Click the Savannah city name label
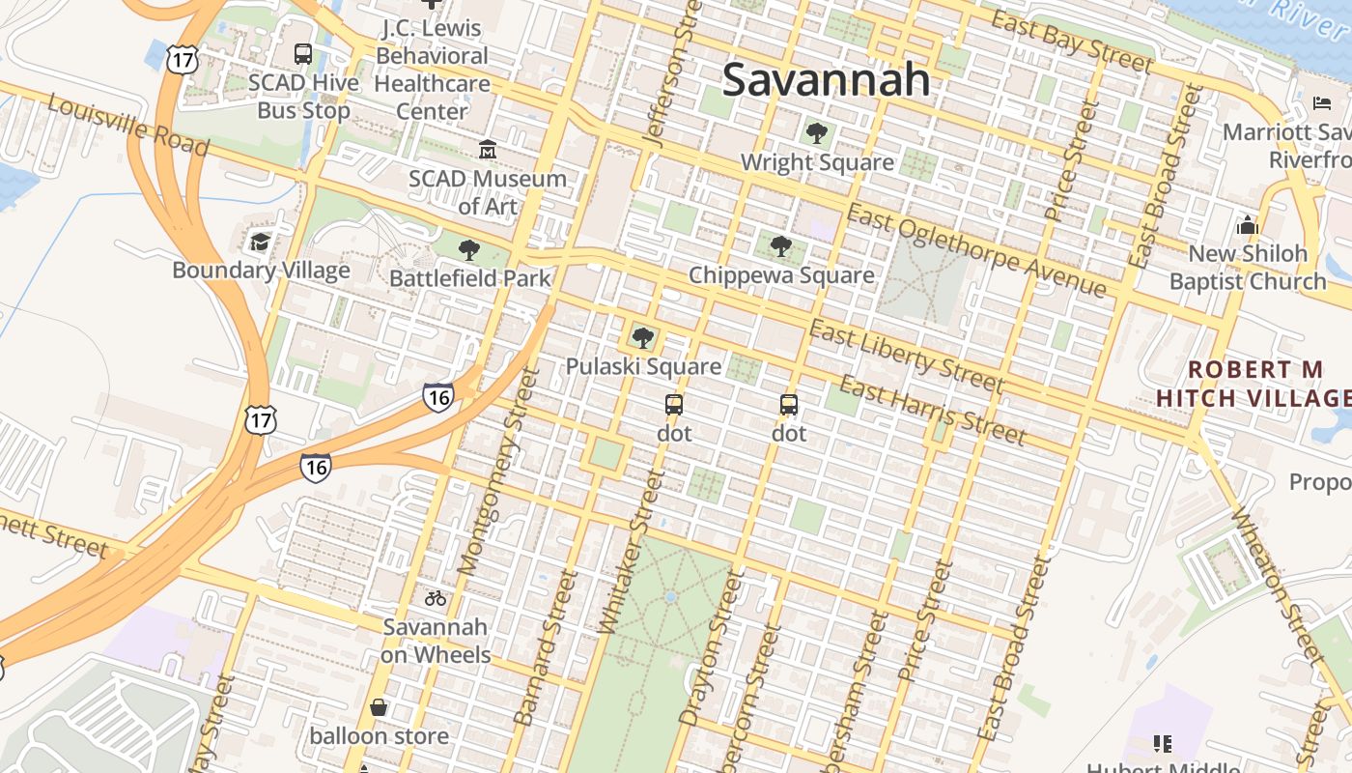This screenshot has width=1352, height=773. pyautogui.click(x=826, y=79)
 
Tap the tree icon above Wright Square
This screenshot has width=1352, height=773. pyautogui.click(x=817, y=133)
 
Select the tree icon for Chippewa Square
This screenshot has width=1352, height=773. pyautogui.click(x=781, y=246)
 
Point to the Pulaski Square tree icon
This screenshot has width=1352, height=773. pyautogui.click(x=642, y=338)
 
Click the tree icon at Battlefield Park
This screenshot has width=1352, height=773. pyautogui.click(x=469, y=251)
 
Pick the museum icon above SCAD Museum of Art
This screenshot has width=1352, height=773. pyautogui.click(x=487, y=150)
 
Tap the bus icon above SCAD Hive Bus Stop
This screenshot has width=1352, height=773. pyautogui.click(x=303, y=54)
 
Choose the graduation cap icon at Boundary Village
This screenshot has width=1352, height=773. pyautogui.click(x=260, y=242)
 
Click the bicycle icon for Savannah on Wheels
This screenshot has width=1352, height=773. pyautogui.click(x=436, y=598)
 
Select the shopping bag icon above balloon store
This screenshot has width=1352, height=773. pyautogui.click(x=379, y=708)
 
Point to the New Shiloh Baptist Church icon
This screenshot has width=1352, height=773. pyautogui.click(x=1248, y=226)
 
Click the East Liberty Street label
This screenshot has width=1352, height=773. pyautogui.click(x=906, y=357)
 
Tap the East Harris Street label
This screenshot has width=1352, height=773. pyautogui.click(x=932, y=411)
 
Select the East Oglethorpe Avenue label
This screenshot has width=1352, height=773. pyautogui.click(x=975, y=250)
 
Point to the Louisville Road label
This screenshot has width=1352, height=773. pyautogui.click(x=127, y=126)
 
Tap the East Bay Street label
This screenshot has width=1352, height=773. pyautogui.click(x=1072, y=43)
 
